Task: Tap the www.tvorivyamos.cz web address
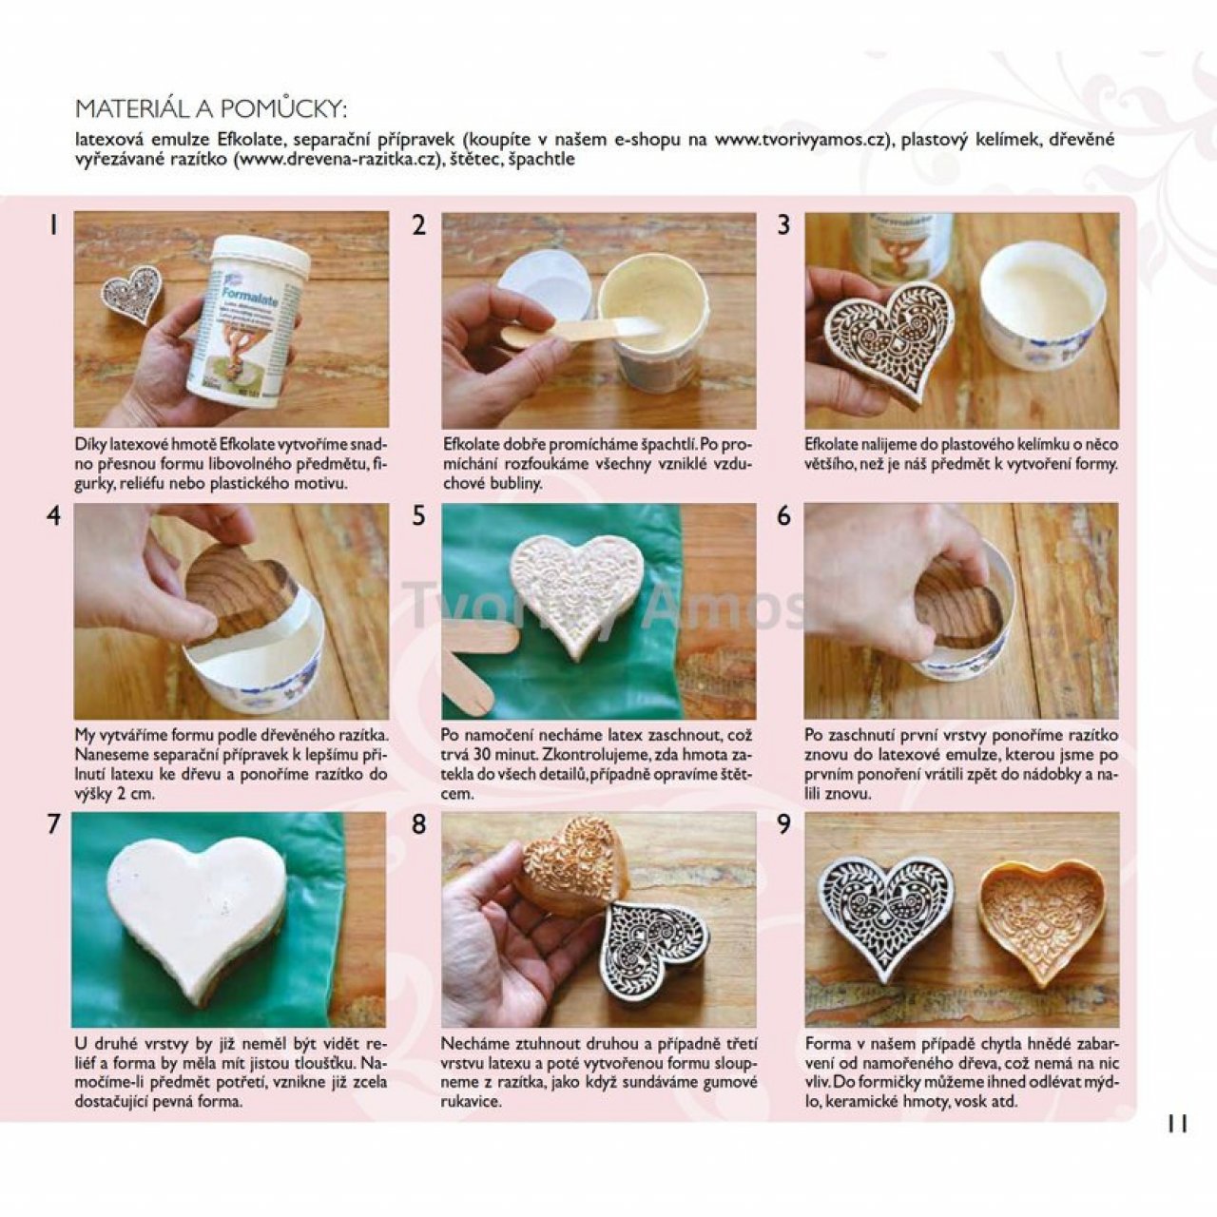801,140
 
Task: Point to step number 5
418,516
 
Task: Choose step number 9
783,825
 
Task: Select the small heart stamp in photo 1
132,293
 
